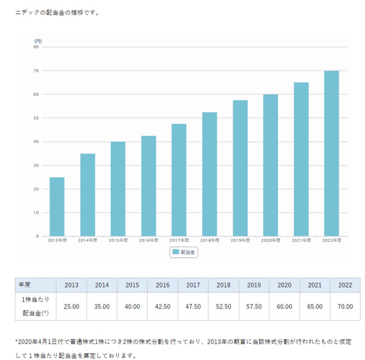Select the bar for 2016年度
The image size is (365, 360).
(149, 186)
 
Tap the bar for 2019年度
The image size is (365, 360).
(240, 168)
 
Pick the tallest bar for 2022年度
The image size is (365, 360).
(331, 153)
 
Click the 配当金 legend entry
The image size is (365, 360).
(183, 252)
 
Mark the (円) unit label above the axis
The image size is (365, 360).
(38, 41)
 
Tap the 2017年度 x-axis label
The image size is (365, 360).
(179, 241)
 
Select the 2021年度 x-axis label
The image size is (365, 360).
(301, 241)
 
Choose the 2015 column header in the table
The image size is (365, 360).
(132, 285)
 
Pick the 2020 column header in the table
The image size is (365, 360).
(284, 285)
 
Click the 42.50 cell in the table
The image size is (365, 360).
(163, 306)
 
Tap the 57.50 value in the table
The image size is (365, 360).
(254, 306)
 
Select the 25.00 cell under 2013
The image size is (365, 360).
(71, 306)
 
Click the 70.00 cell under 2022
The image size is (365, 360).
(345, 306)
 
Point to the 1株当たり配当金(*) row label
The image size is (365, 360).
(36, 306)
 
